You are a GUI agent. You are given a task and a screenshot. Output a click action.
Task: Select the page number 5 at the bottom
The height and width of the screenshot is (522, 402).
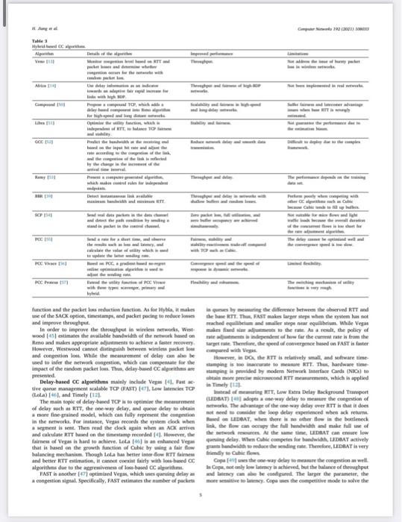click(x=201, y=515)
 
